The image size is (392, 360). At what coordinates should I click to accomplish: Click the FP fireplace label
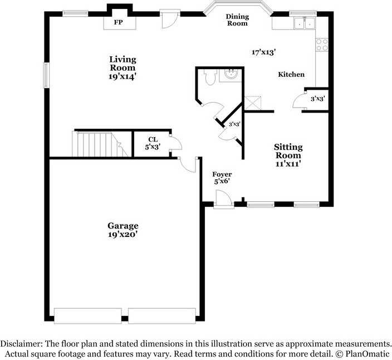(x=118, y=22)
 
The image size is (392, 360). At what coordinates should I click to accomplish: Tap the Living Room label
(x=122, y=64)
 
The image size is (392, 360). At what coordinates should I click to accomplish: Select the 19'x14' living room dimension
(x=122, y=77)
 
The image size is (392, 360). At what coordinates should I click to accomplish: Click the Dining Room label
(x=237, y=20)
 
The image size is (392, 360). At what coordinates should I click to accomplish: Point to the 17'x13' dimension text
(x=264, y=52)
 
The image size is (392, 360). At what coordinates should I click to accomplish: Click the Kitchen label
(x=291, y=74)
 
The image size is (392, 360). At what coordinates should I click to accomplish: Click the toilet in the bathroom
(x=209, y=78)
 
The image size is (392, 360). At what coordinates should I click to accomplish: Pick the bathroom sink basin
(x=231, y=74)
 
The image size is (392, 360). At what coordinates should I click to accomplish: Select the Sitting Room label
(x=288, y=151)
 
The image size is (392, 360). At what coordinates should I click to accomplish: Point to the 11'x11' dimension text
(x=288, y=164)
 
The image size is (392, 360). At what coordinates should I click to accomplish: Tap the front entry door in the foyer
(x=224, y=199)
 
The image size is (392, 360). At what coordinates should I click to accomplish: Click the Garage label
(x=122, y=226)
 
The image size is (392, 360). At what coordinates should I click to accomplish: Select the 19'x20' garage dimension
(x=122, y=235)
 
